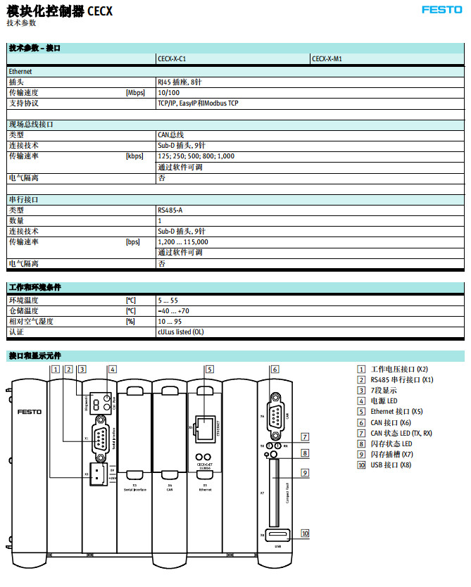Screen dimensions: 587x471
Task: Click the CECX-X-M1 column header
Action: point(327,59)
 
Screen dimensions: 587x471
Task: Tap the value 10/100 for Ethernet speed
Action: point(169,92)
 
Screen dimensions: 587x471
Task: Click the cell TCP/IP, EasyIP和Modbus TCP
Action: point(198,103)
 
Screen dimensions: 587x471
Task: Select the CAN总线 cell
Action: point(170,134)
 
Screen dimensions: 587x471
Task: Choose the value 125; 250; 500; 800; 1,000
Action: point(196,156)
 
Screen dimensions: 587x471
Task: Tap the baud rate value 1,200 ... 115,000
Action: point(183,241)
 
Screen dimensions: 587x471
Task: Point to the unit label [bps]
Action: point(133,241)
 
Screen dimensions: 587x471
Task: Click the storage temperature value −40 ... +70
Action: point(173,310)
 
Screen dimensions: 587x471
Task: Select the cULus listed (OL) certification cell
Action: point(181,332)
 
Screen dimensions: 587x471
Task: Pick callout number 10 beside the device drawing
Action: point(305,533)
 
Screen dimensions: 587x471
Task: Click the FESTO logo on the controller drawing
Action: point(29,412)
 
